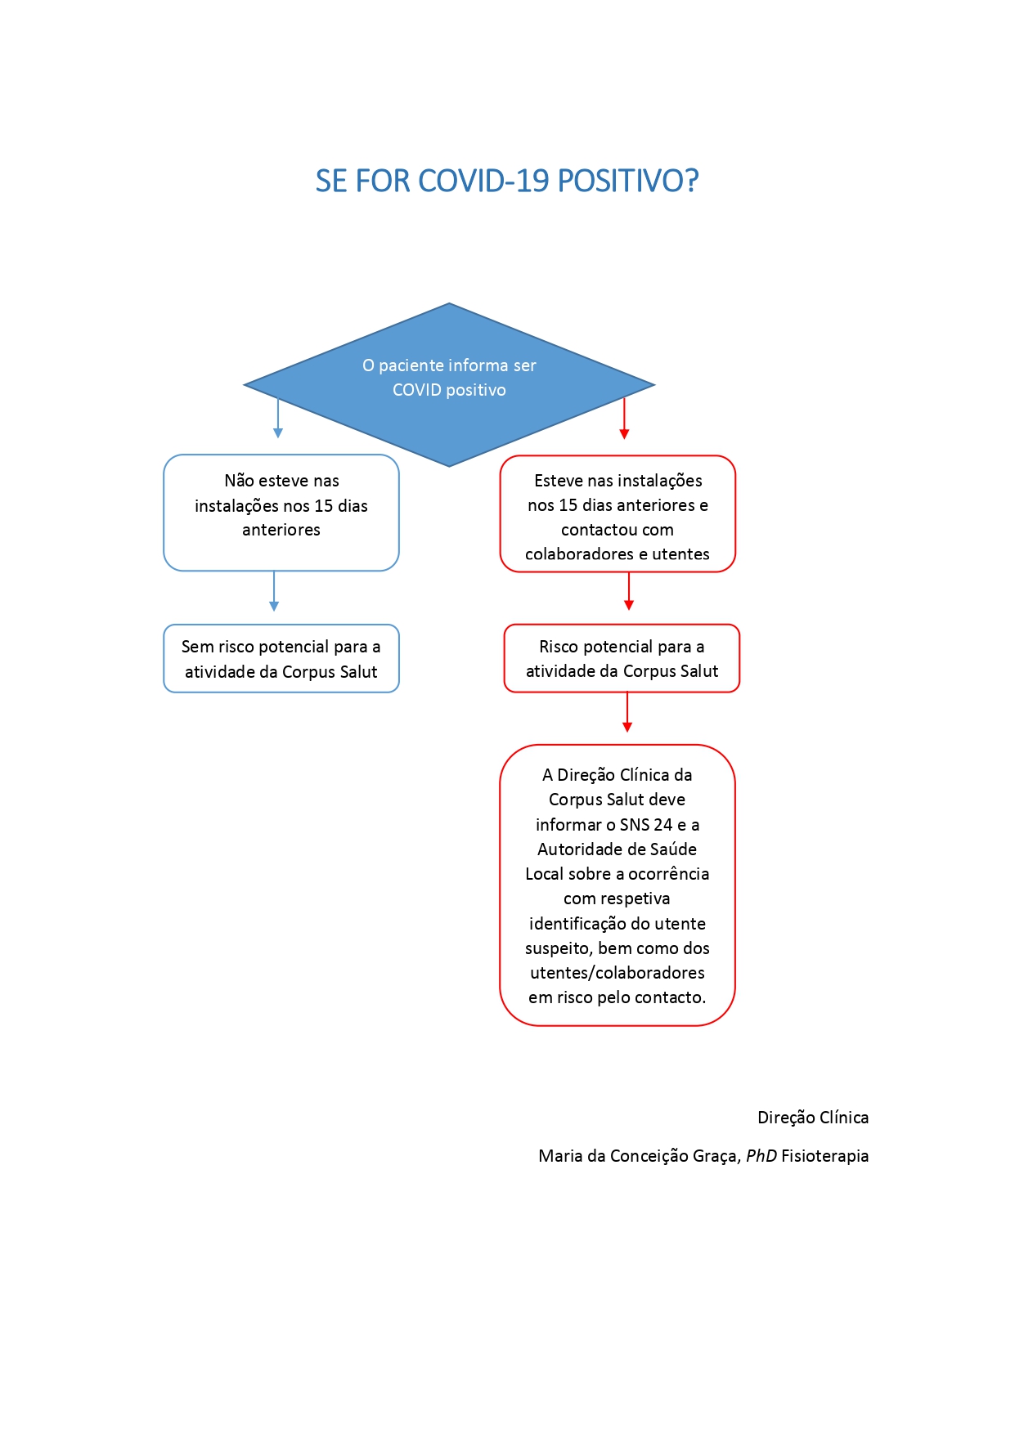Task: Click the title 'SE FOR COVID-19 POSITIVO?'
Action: click(507, 181)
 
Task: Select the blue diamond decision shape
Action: click(449, 385)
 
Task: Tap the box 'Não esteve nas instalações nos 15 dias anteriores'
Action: click(281, 513)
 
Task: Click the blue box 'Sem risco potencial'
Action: click(281, 659)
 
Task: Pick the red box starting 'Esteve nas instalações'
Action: click(618, 513)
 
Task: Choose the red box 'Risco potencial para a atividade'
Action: click(622, 658)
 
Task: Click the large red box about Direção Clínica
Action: click(618, 885)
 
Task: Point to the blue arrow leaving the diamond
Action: click(278, 418)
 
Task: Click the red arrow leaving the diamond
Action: click(624, 419)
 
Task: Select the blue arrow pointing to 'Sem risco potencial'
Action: click(274, 591)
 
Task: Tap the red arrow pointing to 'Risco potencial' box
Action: click(629, 591)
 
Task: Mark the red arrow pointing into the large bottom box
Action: click(627, 712)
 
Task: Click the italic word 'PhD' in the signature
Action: click(761, 1156)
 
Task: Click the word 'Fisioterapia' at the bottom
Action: click(825, 1156)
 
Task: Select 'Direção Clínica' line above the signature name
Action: click(813, 1118)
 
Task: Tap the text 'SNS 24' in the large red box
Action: click(646, 825)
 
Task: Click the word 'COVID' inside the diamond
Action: click(417, 390)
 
